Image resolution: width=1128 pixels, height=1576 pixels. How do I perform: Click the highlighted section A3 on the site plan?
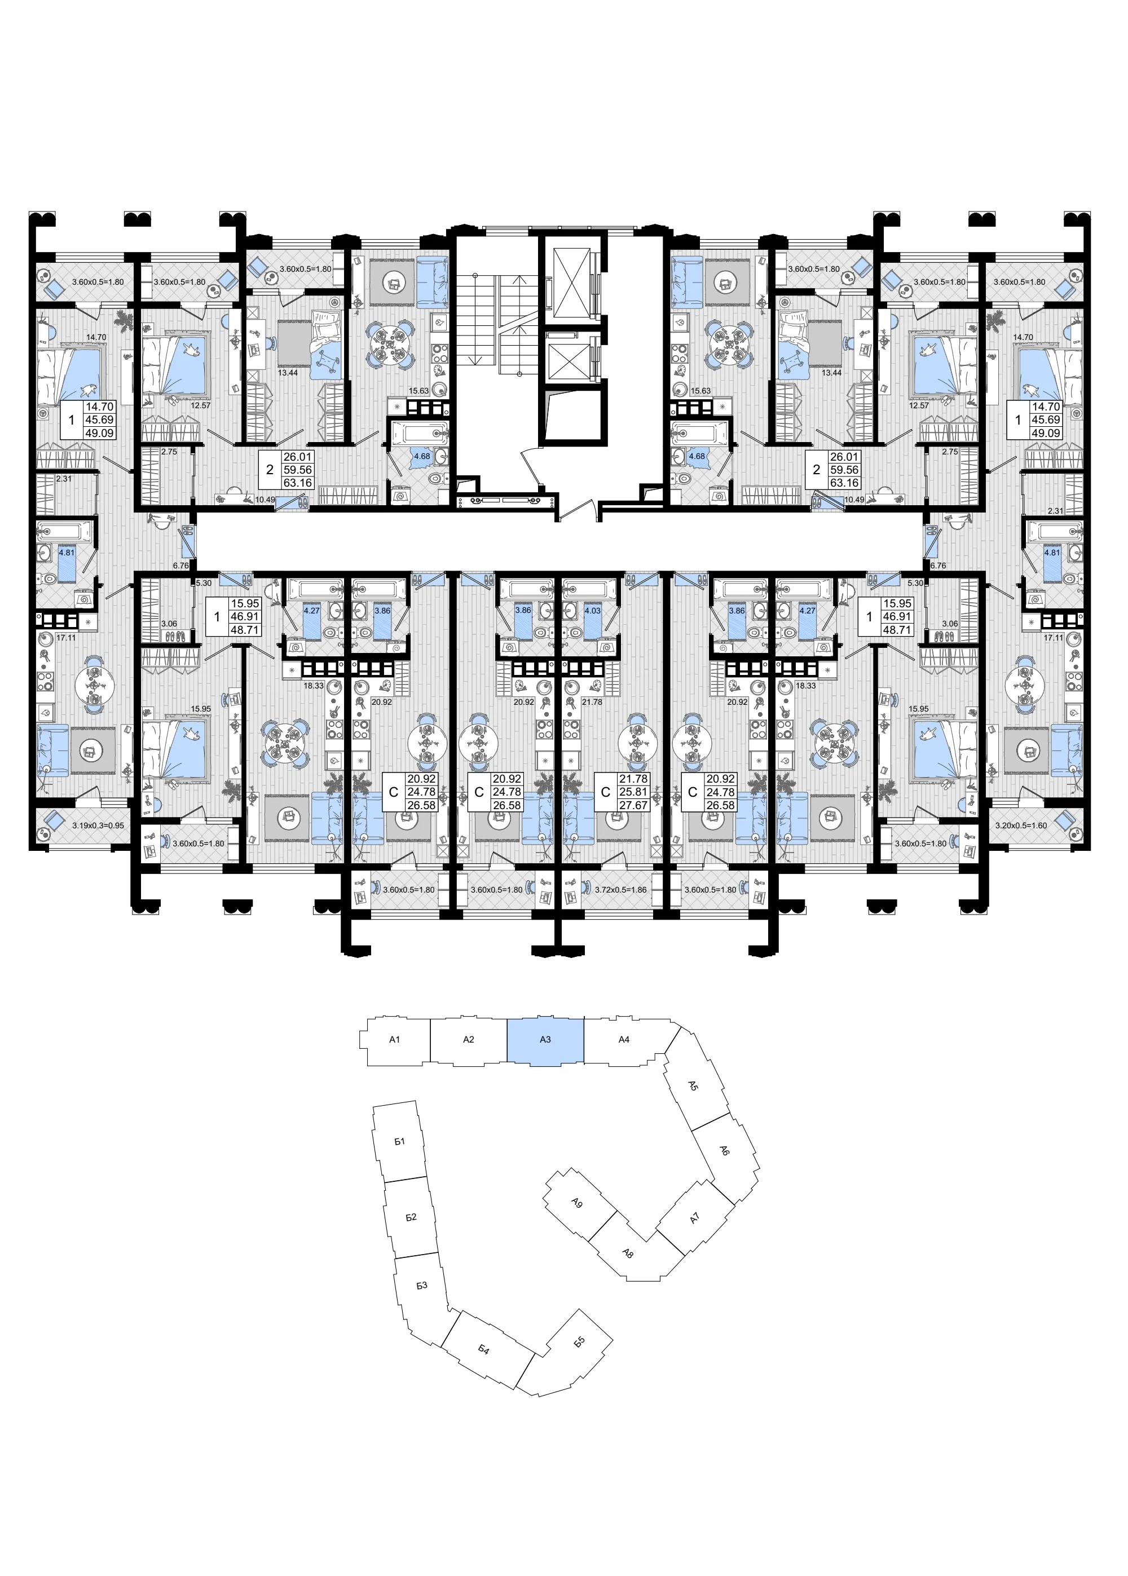tap(545, 1040)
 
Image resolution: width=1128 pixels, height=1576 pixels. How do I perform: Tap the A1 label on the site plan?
tap(395, 1040)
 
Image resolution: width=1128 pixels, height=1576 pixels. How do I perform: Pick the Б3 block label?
tap(422, 1286)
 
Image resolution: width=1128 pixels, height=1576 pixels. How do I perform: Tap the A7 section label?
tap(696, 1218)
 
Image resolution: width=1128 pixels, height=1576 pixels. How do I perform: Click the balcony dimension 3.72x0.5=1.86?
tap(620, 889)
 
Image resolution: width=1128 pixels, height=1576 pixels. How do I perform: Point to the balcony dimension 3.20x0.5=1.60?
tap(1020, 826)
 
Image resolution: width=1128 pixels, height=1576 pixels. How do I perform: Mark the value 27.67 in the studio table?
tap(634, 805)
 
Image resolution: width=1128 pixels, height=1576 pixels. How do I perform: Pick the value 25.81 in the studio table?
tap(634, 792)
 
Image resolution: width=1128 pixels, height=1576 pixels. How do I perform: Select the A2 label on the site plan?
tap(469, 1040)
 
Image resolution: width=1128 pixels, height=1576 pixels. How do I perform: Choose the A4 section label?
tap(624, 1040)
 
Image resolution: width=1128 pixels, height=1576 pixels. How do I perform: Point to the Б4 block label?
tap(484, 1350)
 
